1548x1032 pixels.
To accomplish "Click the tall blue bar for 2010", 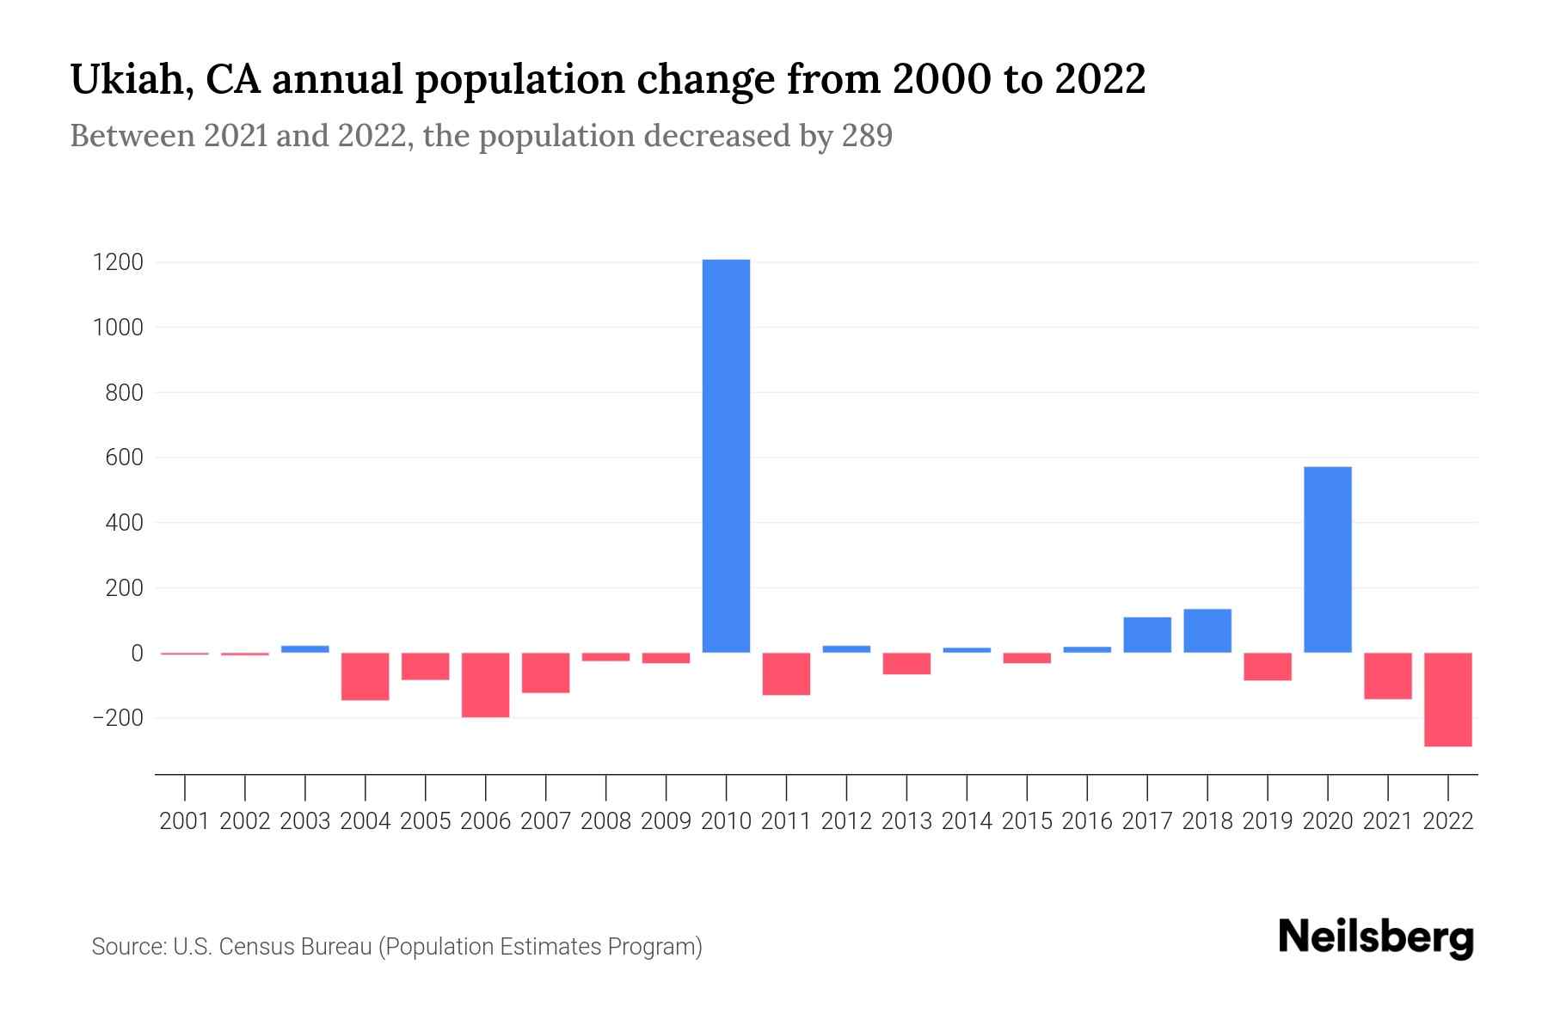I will [x=726, y=456].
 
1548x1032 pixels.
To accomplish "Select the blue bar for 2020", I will [x=1327, y=559].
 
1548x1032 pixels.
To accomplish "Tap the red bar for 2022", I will [x=1447, y=699].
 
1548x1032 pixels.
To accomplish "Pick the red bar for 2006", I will [x=485, y=685].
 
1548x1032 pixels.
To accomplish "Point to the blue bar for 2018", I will [x=1207, y=630].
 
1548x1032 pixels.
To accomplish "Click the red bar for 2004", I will [x=365, y=676].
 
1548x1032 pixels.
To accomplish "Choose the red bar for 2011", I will [x=786, y=673].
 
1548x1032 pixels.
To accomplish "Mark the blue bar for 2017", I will [x=1146, y=635].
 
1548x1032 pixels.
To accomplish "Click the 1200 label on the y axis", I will [x=118, y=262].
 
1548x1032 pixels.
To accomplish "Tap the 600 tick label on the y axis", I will [x=125, y=458].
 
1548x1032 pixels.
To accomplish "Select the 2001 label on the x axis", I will [x=185, y=821].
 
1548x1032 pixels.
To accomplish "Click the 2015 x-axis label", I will [x=1027, y=821].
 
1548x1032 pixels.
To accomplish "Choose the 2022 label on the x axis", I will [x=1447, y=821].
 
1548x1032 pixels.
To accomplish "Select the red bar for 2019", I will [x=1267, y=666].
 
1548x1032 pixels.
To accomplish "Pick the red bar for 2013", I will [x=906, y=663].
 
